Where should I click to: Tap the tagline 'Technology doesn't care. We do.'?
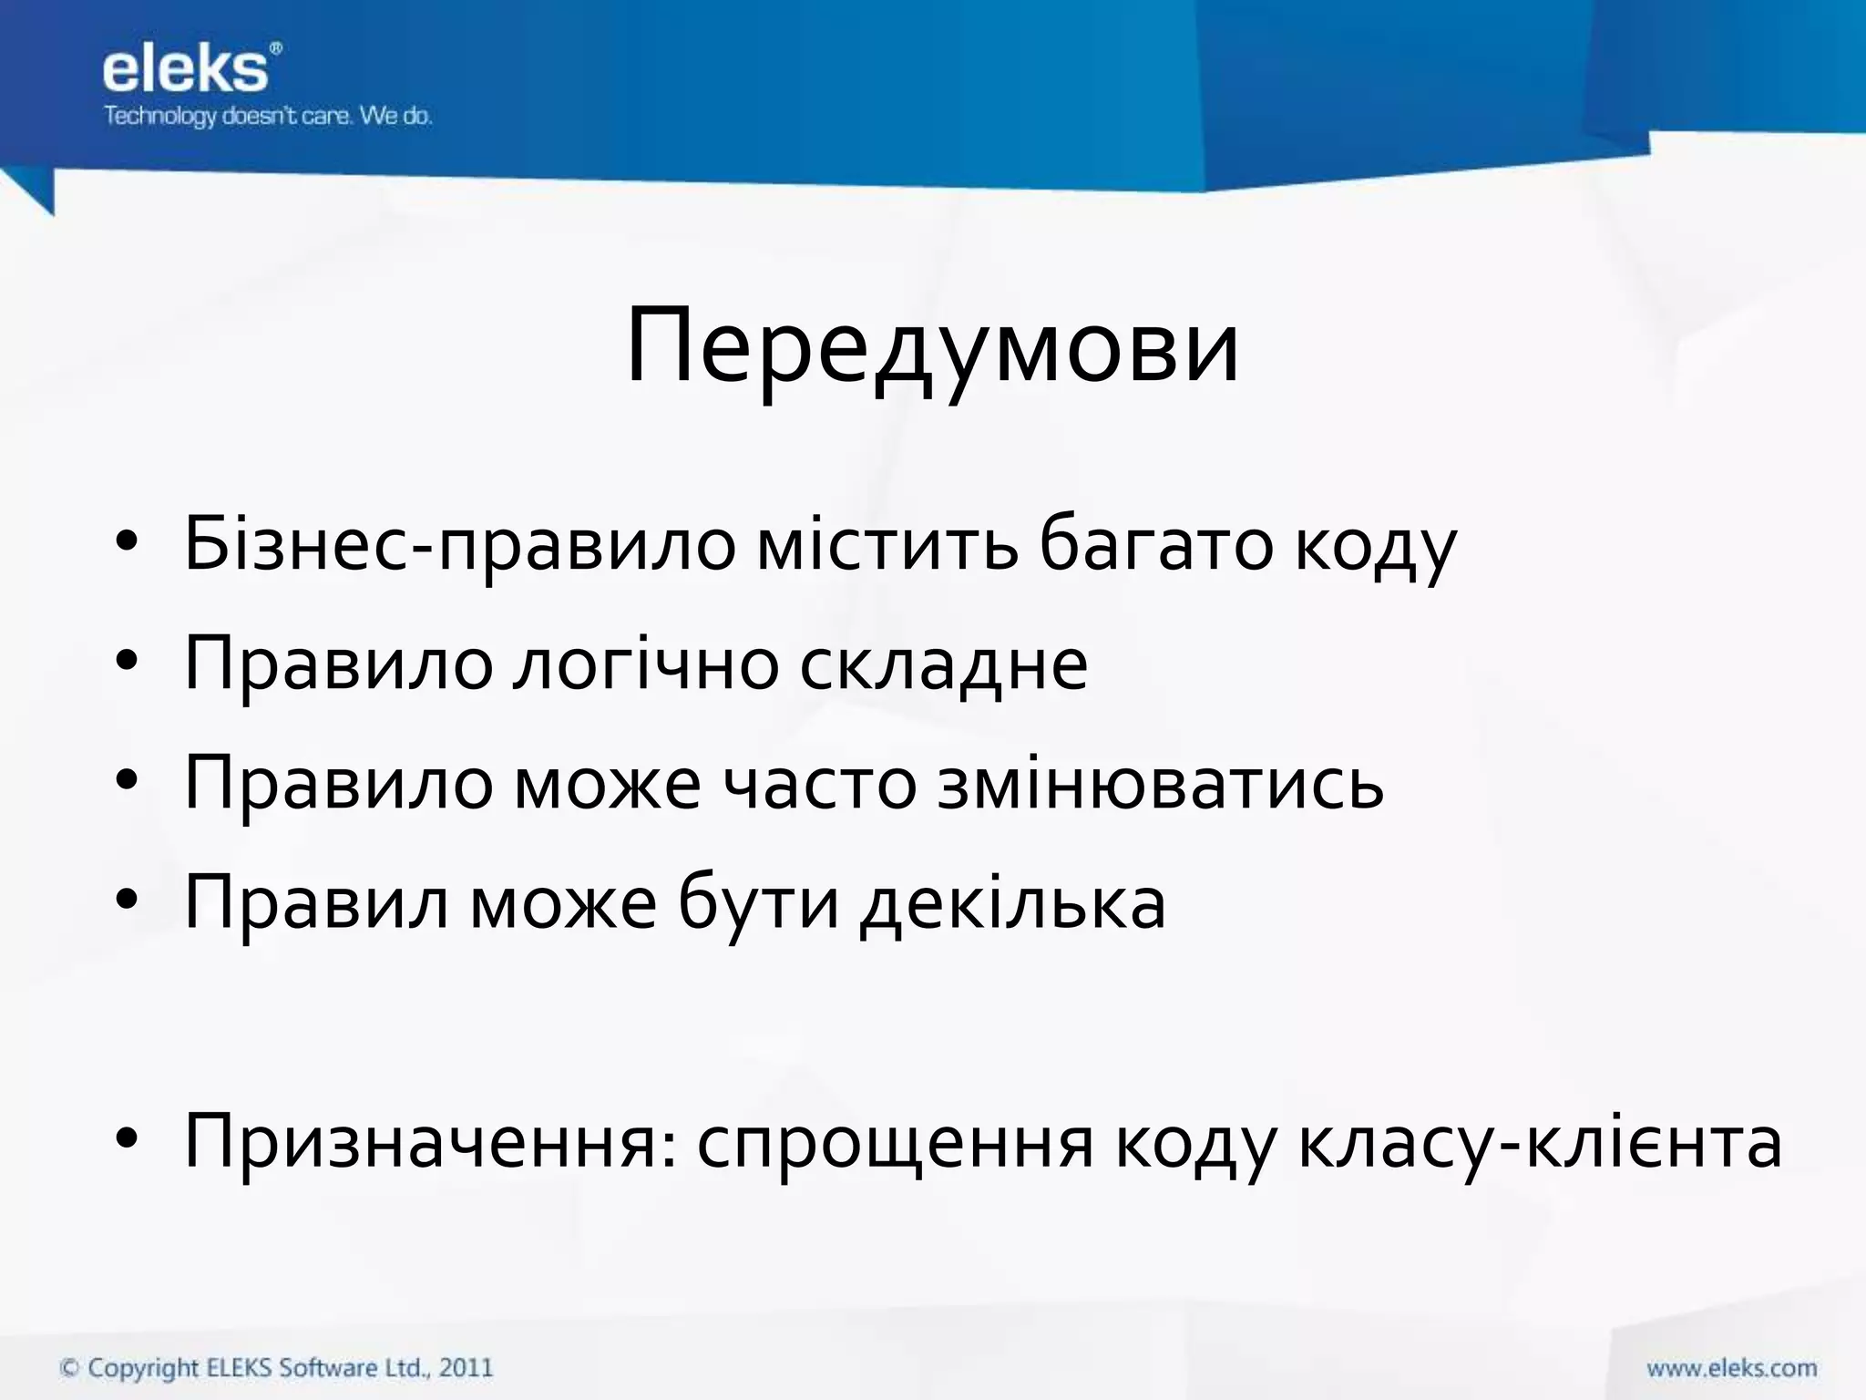[268, 117]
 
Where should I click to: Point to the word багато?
[1155, 545]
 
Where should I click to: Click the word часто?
[819, 784]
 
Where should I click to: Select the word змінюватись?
[1160, 784]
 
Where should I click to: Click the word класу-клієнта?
[1540, 1143]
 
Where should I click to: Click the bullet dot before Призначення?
[127, 1139]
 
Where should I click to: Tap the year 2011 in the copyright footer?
[466, 1367]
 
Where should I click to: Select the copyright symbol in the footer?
[69, 1368]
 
